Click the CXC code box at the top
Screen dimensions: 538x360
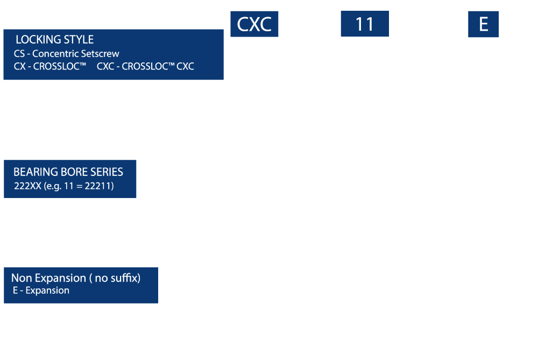tap(254, 24)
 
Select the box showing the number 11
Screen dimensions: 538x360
tap(365, 24)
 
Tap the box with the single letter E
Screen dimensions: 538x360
tap(483, 24)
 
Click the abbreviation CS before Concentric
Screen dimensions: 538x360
tap(19, 53)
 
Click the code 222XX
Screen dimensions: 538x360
tap(27, 186)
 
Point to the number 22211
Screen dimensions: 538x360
tap(99, 186)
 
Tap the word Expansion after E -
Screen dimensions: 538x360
tap(47, 291)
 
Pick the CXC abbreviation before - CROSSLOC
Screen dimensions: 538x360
tap(105, 66)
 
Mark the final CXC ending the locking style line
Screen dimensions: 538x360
tap(185, 66)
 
